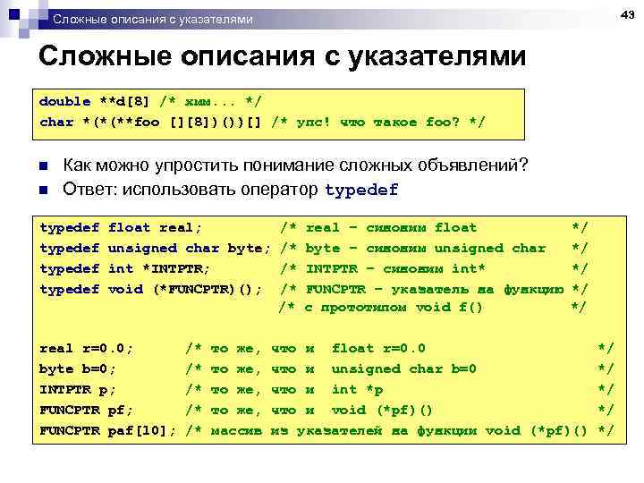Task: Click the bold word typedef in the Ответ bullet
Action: (361, 190)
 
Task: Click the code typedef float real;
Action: (122, 228)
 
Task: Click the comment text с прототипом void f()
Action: (394, 307)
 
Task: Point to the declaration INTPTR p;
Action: (78, 389)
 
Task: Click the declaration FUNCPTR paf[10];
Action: (108, 430)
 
